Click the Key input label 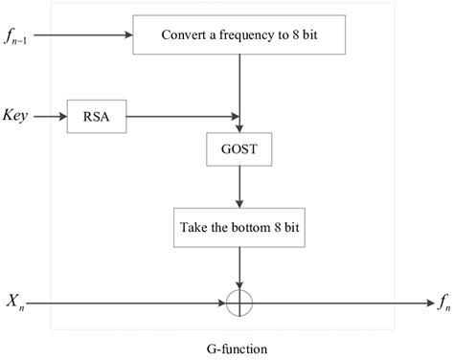(20, 116)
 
